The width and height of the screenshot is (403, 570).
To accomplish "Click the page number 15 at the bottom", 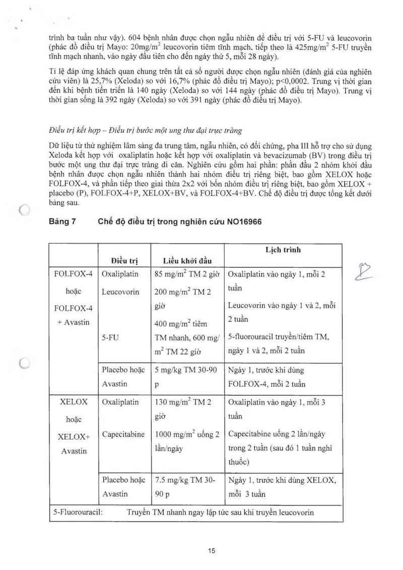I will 212,551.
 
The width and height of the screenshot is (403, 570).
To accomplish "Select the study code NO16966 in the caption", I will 243,222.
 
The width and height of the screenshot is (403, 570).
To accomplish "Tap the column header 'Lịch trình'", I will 283,250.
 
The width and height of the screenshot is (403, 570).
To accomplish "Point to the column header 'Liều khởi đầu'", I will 187,260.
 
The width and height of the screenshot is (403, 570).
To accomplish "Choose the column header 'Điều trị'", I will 124,260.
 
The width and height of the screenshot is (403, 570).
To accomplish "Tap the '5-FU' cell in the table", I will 110,338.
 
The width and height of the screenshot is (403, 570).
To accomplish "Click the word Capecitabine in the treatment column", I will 123,434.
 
